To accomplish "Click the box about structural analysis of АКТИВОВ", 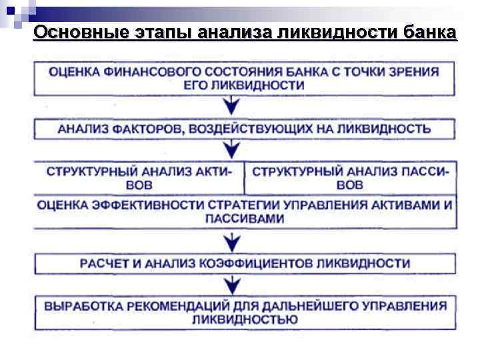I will (139, 178).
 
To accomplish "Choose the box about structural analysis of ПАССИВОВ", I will (350, 178).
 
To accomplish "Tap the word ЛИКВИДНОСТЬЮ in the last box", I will (244, 320).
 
